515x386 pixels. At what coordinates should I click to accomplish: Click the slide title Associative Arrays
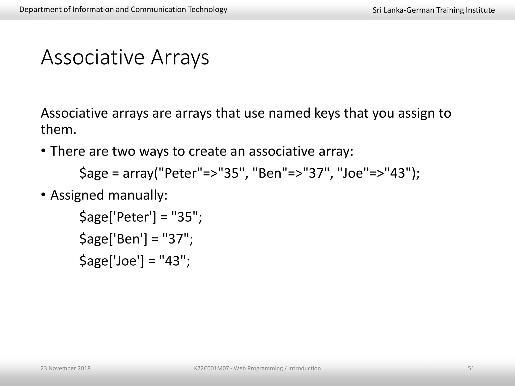(x=125, y=58)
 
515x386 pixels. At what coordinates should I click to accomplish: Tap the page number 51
(x=471, y=368)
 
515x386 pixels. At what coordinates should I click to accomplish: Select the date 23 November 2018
(x=65, y=368)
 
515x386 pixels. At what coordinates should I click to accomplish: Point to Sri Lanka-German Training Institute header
(x=434, y=10)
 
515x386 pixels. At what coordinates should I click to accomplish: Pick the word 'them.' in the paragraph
(x=58, y=130)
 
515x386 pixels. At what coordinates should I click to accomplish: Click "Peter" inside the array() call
(x=180, y=173)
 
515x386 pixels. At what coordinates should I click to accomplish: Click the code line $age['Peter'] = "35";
(x=141, y=217)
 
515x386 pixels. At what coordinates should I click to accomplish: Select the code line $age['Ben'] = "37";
(x=136, y=239)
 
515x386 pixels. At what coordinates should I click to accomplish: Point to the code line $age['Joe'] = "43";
(x=135, y=261)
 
